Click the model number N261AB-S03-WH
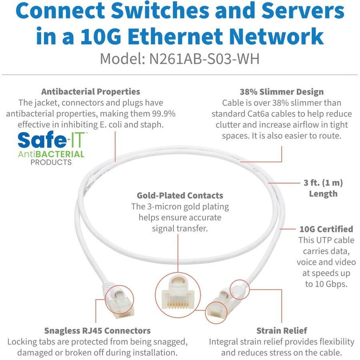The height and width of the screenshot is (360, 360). click(x=204, y=59)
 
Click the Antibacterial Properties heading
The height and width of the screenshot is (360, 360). click(x=91, y=92)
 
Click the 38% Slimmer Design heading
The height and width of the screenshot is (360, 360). click(x=281, y=92)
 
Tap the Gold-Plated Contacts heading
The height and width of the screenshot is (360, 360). click(x=180, y=196)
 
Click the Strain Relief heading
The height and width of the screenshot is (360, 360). click(x=282, y=330)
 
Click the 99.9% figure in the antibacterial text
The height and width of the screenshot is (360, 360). click(x=160, y=114)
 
